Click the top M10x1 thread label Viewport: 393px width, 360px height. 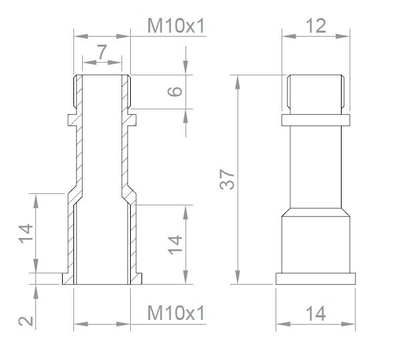tap(176, 26)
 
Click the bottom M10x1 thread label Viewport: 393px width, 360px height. tap(176, 313)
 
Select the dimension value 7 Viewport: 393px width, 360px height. tap(102, 52)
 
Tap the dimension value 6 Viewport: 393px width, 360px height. tap(175, 91)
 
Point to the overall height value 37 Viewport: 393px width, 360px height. tap(227, 179)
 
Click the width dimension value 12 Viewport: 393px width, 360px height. tap(316, 26)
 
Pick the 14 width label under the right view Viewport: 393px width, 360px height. tap(316, 313)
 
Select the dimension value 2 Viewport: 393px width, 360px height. tap(26, 321)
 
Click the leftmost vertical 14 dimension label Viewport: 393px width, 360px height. tap(26, 233)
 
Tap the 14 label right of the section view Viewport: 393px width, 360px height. tap(175, 245)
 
